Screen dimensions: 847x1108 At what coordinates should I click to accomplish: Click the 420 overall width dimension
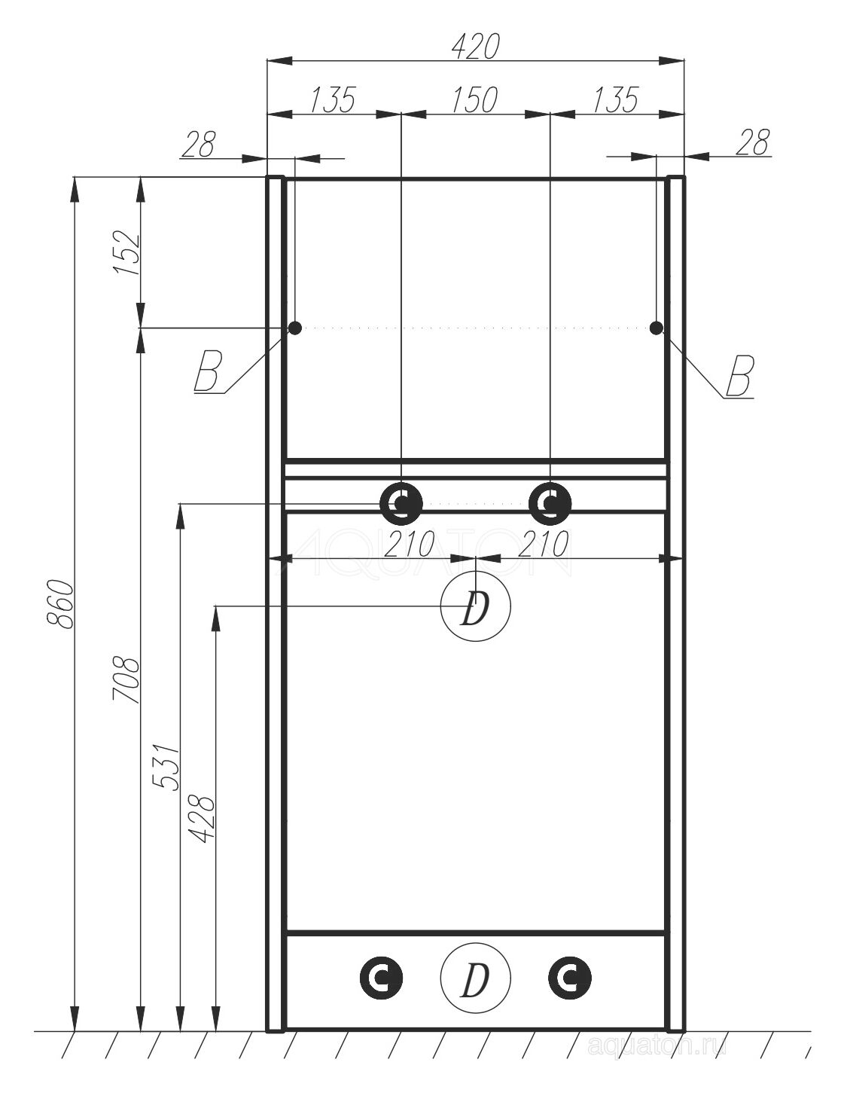pyautogui.click(x=475, y=47)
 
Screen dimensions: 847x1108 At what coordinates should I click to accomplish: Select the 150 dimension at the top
pyautogui.click(x=474, y=100)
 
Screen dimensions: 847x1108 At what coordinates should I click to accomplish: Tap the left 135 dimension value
pyautogui.click(x=333, y=100)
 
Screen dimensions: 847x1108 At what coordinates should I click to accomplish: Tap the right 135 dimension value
pyautogui.click(x=615, y=100)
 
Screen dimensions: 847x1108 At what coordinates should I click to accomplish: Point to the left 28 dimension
pyautogui.click(x=198, y=144)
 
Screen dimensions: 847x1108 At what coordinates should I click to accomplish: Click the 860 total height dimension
pyautogui.click(x=60, y=604)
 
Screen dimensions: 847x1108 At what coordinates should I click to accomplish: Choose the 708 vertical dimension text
pyautogui.click(x=126, y=679)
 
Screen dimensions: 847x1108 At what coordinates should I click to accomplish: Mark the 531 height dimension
pyautogui.click(x=166, y=767)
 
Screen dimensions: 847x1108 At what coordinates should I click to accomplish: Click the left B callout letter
pyautogui.click(x=207, y=373)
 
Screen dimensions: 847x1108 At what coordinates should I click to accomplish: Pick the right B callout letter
pyautogui.click(x=740, y=376)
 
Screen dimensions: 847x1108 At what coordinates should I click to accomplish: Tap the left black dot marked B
pyautogui.click(x=295, y=328)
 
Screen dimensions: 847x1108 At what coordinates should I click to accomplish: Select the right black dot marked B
pyautogui.click(x=656, y=328)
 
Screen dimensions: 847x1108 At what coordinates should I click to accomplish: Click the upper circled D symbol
pyautogui.click(x=475, y=606)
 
